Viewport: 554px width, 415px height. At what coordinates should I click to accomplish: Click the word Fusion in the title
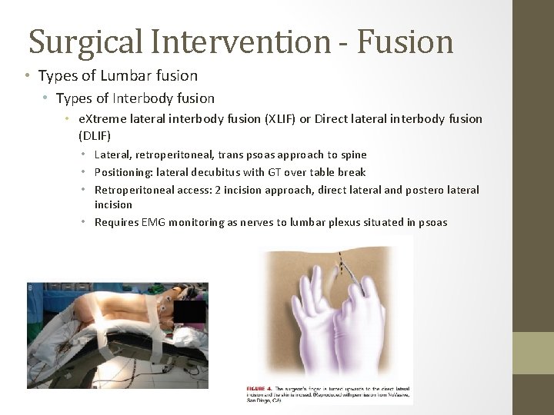coord(405,41)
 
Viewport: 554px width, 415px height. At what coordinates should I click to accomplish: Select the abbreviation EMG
coord(153,222)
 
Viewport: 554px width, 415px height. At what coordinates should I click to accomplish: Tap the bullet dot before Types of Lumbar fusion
coord(27,76)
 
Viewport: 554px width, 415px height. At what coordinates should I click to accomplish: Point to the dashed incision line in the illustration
coord(341,269)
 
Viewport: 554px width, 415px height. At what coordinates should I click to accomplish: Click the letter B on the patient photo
coord(31,288)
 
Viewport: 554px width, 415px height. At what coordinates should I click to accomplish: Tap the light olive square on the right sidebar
coord(533,353)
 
